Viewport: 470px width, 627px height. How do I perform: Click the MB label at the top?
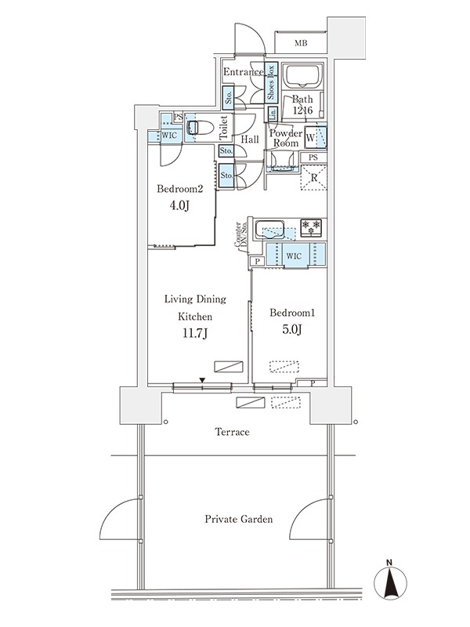tap(301, 43)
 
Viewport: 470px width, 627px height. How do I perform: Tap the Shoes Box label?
tap(271, 82)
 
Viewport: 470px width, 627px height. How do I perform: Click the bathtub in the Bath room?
tap(302, 76)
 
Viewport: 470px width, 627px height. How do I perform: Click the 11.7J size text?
tap(194, 333)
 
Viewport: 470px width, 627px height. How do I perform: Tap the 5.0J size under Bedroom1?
tap(291, 329)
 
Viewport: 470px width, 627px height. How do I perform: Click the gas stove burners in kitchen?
tap(311, 227)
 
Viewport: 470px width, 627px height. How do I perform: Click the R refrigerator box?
tap(314, 178)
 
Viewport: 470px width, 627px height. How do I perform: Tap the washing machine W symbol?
tap(310, 138)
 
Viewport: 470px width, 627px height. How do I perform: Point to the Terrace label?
tap(232, 432)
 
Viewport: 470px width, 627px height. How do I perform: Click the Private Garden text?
tap(239, 519)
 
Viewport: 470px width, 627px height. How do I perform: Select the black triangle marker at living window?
tap(203, 380)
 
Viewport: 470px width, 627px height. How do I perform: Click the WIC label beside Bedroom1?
tap(294, 256)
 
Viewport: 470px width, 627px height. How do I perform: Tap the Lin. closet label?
tap(273, 114)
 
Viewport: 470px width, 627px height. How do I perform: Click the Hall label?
tap(250, 140)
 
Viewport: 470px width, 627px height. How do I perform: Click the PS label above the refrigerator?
tap(313, 158)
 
